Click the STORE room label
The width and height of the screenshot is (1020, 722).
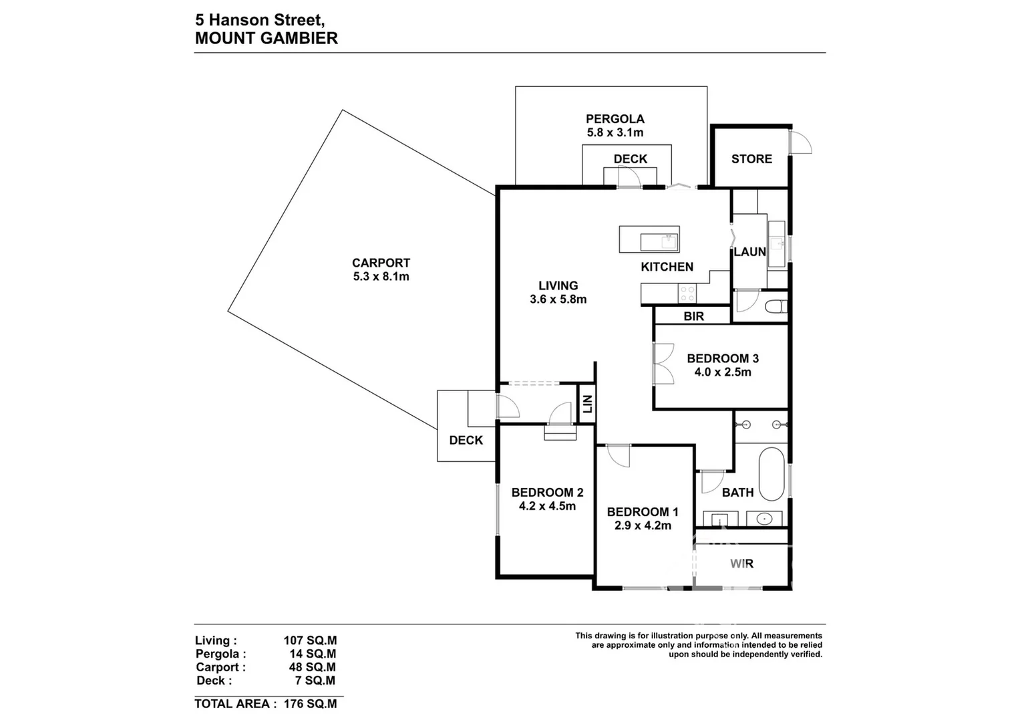tap(751, 159)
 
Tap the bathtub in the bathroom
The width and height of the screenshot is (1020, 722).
tap(772, 474)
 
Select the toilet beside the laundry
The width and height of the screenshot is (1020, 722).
tap(776, 306)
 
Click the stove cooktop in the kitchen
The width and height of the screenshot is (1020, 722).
tap(687, 293)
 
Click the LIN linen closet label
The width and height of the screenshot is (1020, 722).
tap(587, 404)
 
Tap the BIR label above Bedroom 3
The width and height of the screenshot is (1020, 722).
tap(693, 316)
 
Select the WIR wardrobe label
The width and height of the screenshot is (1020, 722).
tap(741, 564)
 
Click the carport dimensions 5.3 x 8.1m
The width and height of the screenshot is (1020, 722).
tap(381, 277)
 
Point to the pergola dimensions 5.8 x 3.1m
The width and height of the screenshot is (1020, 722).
tap(615, 132)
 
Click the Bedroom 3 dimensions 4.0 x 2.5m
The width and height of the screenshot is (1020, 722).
tap(723, 372)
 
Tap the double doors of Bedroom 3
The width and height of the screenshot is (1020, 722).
tap(663, 363)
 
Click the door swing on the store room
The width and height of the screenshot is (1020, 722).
tap(800, 142)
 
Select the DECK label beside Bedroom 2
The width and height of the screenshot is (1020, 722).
tap(466, 441)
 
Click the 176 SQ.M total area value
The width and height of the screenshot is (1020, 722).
tap(310, 704)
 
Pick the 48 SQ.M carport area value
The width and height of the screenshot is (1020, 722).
tap(313, 667)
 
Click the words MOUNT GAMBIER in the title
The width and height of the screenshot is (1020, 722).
tap(267, 38)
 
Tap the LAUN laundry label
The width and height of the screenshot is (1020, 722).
tap(749, 252)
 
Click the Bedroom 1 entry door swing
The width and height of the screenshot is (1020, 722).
tap(619, 456)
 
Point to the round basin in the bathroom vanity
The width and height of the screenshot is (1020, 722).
tap(764, 519)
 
